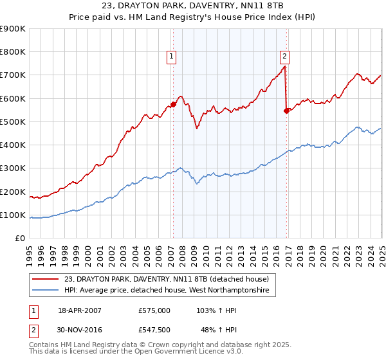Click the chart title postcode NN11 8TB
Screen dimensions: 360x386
221,6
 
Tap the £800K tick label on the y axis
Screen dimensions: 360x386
12,52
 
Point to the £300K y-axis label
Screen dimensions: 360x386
12,168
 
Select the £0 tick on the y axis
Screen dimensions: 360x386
19,239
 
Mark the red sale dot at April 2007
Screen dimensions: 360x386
173,104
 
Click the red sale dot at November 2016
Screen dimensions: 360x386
286,111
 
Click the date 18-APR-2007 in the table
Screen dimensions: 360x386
80,310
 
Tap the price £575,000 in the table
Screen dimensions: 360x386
154,310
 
